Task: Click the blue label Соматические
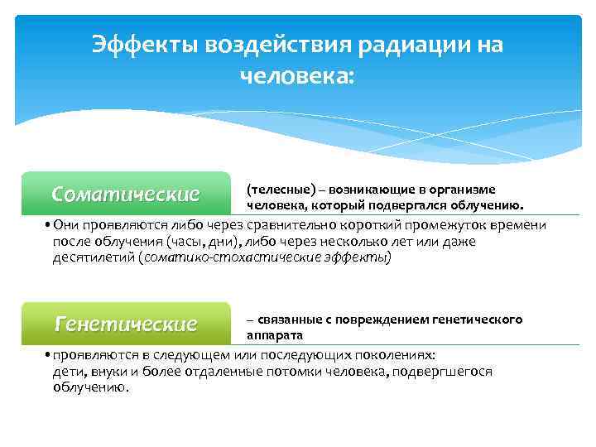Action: pos(126,195)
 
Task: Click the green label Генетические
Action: pos(126,323)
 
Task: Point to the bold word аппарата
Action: pos(275,335)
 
